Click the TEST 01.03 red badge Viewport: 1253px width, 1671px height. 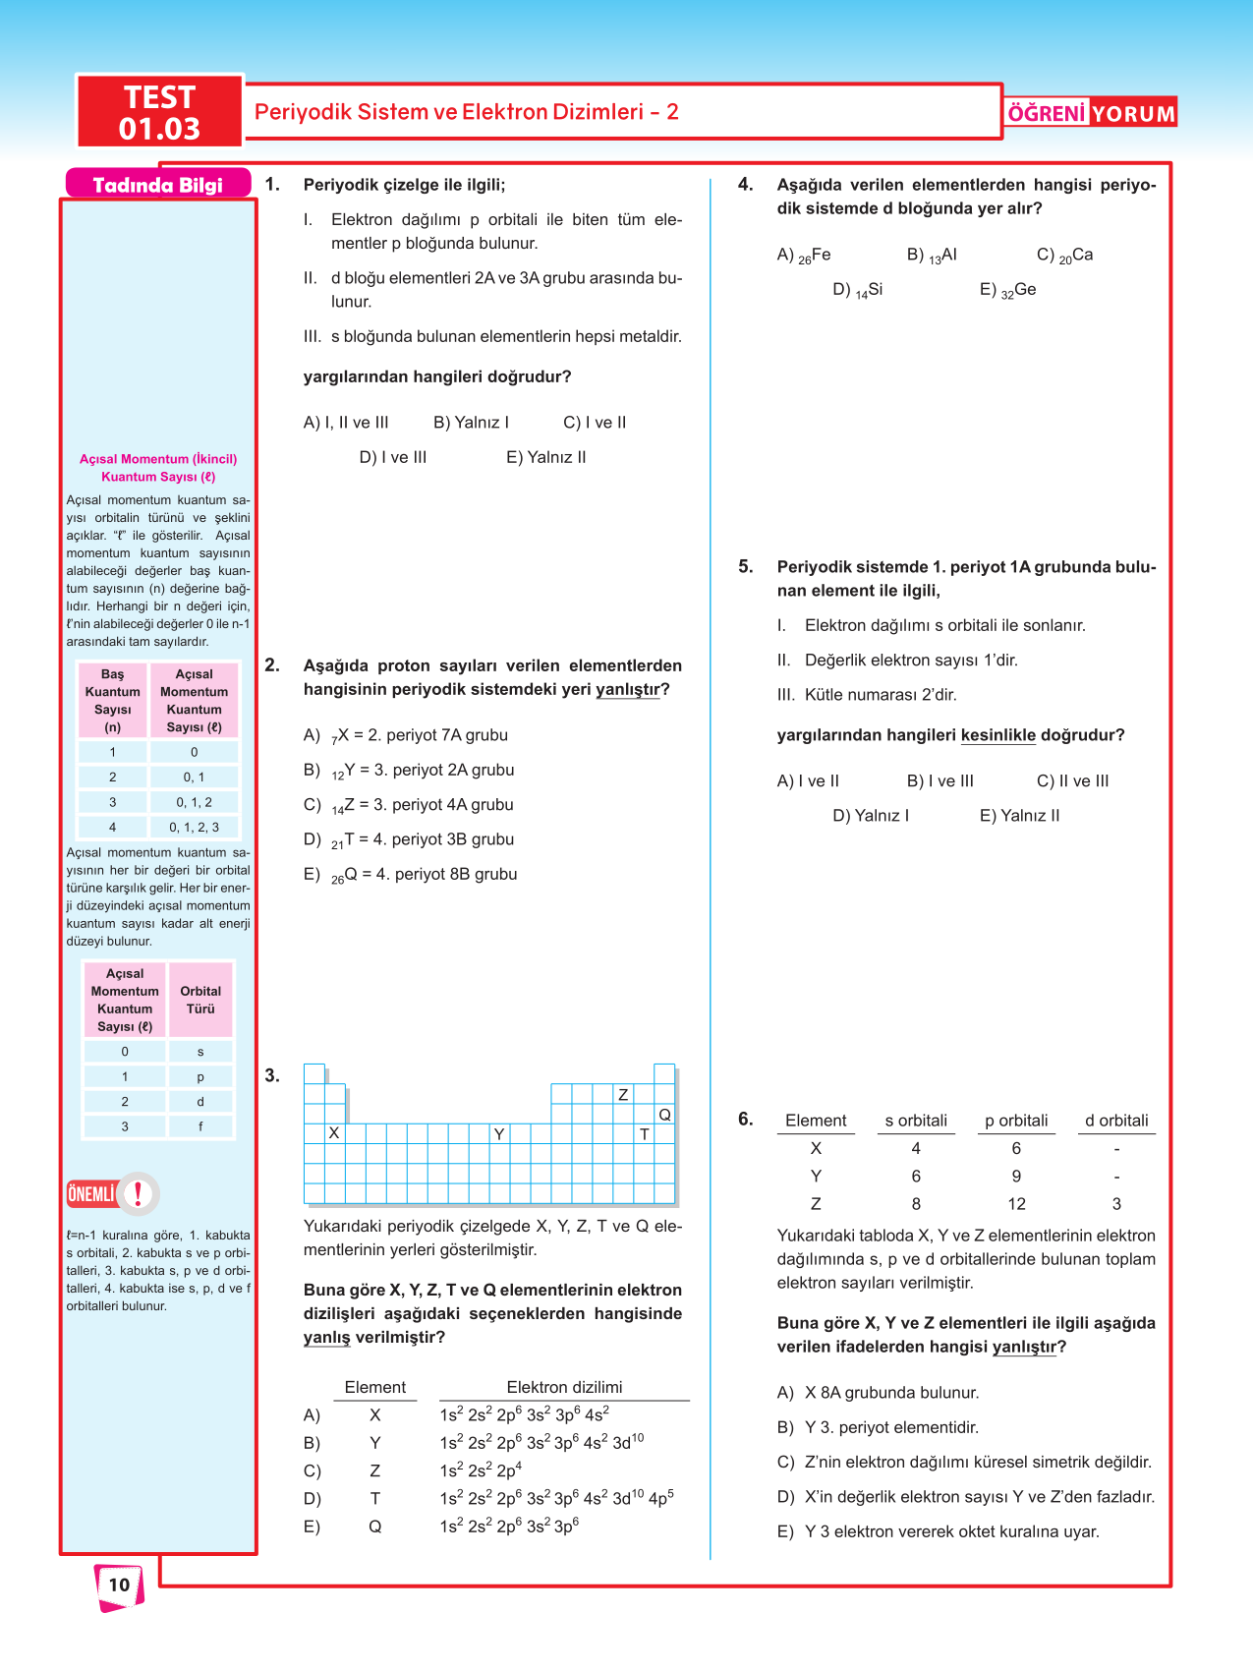click(x=159, y=112)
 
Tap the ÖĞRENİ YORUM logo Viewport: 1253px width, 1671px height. click(x=1091, y=113)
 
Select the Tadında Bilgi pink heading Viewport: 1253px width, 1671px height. click(x=157, y=185)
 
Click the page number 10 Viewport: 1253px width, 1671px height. click(x=119, y=1585)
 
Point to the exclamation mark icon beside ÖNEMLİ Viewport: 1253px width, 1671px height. click(x=139, y=1193)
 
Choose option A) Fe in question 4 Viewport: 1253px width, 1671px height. click(x=804, y=256)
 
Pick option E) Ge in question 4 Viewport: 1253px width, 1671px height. click(x=1007, y=290)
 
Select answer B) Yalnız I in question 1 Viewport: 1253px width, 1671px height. click(x=471, y=423)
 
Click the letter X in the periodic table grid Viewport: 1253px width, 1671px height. click(x=334, y=1133)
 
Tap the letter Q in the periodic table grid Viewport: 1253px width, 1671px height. click(x=664, y=1115)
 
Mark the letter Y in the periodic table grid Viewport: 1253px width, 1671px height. click(x=499, y=1134)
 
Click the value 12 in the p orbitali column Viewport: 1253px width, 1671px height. click(x=1016, y=1204)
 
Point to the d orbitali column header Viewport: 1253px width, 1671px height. click(x=1116, y=1121)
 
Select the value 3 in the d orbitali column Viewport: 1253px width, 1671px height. click(x=1116, y=1204)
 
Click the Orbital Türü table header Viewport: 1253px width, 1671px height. click(x=200, y=1000)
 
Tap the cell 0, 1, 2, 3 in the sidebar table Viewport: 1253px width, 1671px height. click(x=194, y=828)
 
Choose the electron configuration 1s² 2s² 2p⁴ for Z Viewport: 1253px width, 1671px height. click(x=481, y=1471)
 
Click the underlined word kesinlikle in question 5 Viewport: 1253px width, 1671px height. click(x=997, y=735)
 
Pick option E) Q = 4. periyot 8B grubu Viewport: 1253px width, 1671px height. click(x=411, y=875)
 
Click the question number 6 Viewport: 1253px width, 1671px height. click(x=746, y=1119)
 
